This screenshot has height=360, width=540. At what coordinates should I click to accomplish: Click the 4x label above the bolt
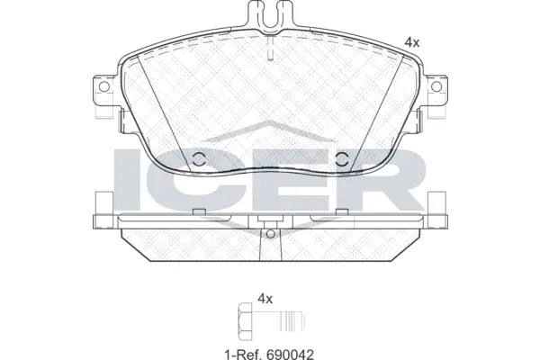point(265,297)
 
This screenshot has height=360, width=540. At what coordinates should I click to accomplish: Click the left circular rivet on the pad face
point(199,160)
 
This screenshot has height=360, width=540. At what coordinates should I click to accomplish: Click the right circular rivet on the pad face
point(341,160)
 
